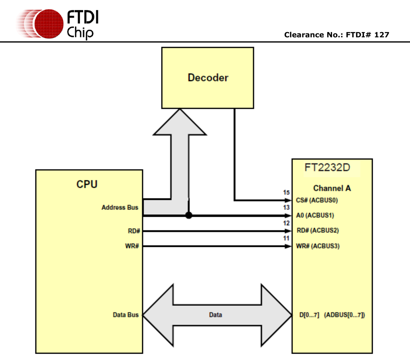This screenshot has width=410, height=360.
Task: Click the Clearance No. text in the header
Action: click(x=337, y=35)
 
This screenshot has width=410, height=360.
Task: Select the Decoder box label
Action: click(x=208, y=77)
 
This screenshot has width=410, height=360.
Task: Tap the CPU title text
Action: click(x=87, y=184)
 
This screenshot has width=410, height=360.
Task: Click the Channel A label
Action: click(x=332, y=188)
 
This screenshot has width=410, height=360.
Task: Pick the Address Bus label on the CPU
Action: click(x=120, y=207)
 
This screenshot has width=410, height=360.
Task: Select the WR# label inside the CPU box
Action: click(x=132, y=246)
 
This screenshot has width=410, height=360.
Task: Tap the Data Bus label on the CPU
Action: click(x=126, y=315)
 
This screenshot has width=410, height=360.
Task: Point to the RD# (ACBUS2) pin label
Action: click(x=317, y=231)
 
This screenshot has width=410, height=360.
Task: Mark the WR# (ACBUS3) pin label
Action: click(x=317, y=246)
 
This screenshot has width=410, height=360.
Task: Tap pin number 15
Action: click(x=286, y=193)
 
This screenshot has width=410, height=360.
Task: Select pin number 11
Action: click(x=286, y=238)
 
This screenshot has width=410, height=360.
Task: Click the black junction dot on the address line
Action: click(x=188, y=216)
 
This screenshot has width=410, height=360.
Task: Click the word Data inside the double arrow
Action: click(x=215, y=315)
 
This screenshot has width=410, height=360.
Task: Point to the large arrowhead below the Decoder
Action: click(x=180, y=122)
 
